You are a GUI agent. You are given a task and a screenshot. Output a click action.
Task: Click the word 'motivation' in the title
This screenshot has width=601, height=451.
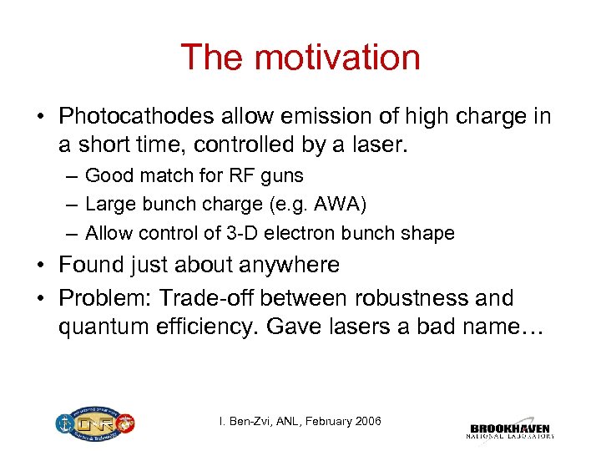[336, 58]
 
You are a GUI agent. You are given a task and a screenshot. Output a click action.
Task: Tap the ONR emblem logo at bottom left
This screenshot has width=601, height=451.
[94, 423]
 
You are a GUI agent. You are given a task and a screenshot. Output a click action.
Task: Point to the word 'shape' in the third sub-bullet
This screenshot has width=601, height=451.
[429, 234]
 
